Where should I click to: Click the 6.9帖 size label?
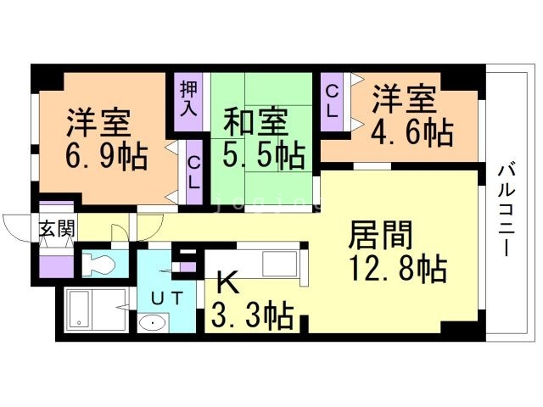[x=107, y=157]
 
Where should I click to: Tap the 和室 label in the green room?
[x=255, y=122]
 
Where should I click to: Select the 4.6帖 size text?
[x=412, y=132]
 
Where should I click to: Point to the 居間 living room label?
[x=380, y=235]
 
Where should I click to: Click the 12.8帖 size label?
[x=398, y=269]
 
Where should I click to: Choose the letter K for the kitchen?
[x=227, y=282]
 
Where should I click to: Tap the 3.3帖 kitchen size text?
[x=253, y=315]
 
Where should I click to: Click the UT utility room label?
[x=167, y=298]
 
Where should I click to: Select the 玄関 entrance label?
[x=57, y=229]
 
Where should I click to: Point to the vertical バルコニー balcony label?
[x=507, y=211]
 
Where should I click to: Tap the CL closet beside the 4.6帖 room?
[x=333, y=101]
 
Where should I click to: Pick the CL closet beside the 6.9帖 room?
[x=194, y=173]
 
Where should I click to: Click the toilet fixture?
[x=98, y=264]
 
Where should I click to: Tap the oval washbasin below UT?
[x=153, y=324]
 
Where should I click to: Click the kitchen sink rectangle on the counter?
[x=280, y=264]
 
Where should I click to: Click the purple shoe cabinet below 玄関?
[x=56, y=266]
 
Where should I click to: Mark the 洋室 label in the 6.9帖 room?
[x=98, y=123]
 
